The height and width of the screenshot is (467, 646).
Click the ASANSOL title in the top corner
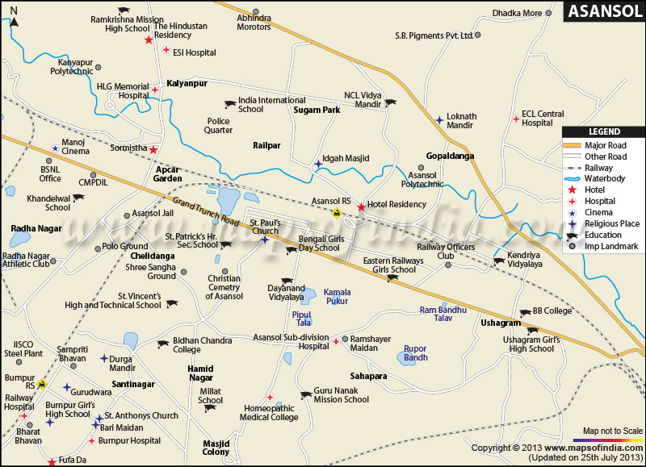(602, 11)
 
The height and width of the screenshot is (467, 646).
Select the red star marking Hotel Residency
(361, 206)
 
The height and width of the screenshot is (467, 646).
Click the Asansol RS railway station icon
(336, 213)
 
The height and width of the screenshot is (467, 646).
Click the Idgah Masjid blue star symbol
(318, 165)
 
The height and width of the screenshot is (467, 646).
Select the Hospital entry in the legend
(599, 201)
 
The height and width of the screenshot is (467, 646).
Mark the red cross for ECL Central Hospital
(515, 119)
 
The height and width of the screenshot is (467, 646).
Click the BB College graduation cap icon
(515, 311)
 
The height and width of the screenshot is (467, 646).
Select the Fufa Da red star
(52, 462)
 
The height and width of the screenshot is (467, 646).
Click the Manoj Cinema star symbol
(55, 148)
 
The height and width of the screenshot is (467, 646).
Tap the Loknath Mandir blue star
(439, 120)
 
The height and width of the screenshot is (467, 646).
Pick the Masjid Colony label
(216, 447)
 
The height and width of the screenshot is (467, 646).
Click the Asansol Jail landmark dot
(127, 215)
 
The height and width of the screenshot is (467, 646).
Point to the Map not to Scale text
(613, 430)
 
